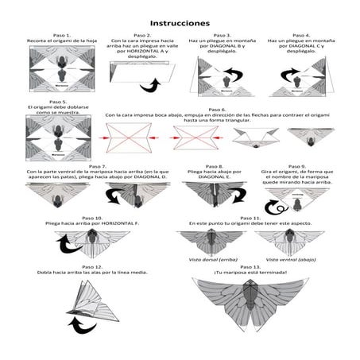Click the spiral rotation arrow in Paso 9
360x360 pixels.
(x=276, y=207)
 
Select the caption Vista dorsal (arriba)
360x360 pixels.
(x=206, y=259)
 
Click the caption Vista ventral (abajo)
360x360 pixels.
(x=288, y=259)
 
